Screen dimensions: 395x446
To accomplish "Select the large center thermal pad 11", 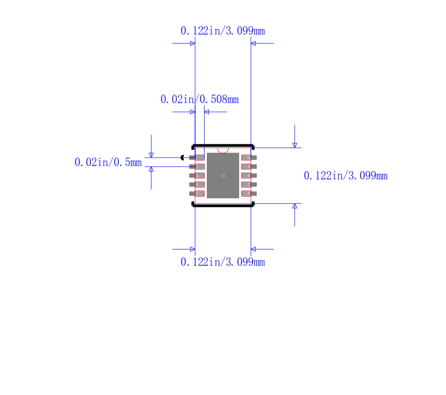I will (223, 175).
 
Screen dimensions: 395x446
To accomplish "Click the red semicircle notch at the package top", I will (223, 150).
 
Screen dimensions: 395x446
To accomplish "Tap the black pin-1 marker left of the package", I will (182, 158).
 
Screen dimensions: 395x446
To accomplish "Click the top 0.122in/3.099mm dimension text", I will (222, 31).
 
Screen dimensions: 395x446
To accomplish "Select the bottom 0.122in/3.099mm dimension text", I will (222, 262).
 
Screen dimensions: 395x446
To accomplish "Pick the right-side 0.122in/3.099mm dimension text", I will (345, 175).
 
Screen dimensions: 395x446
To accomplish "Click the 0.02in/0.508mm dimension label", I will (200, 99).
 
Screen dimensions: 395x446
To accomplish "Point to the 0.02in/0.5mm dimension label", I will (108, 162).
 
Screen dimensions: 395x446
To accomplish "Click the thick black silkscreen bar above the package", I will (223, 145).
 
